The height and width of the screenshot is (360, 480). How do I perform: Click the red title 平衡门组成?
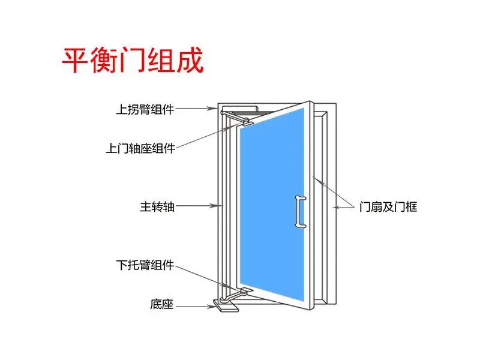[133, 61]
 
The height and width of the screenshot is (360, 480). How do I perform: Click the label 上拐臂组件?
[145, 110]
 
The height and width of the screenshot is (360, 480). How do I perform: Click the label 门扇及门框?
[388, 207]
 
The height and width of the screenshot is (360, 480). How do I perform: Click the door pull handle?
[298, 211]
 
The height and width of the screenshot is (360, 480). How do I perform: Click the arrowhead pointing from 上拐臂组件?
[213, 109]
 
